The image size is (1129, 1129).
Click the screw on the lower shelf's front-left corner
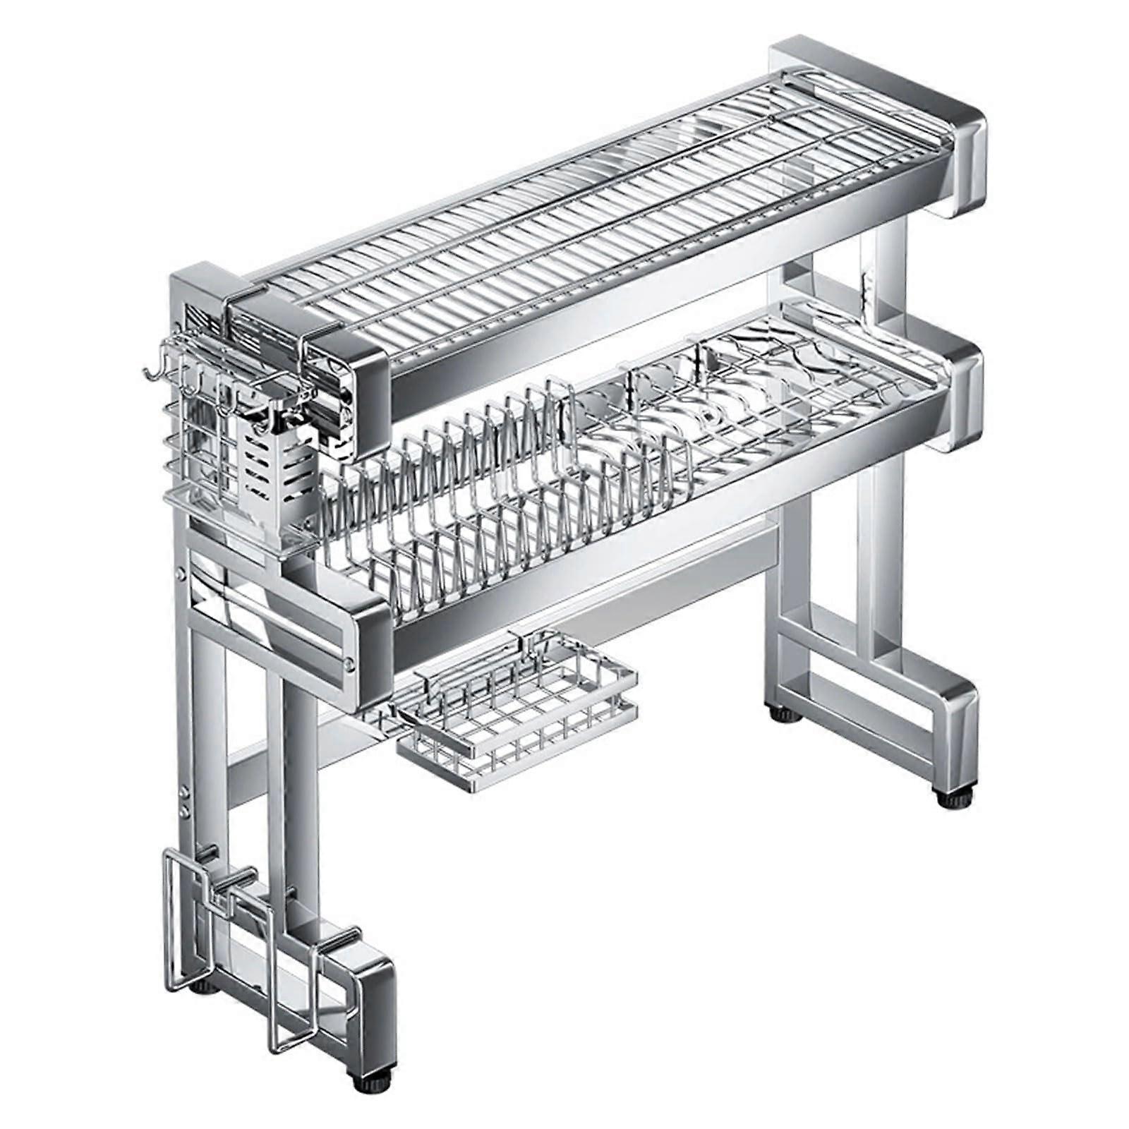pos(349,663)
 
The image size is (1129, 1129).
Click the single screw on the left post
pos(183,575)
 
